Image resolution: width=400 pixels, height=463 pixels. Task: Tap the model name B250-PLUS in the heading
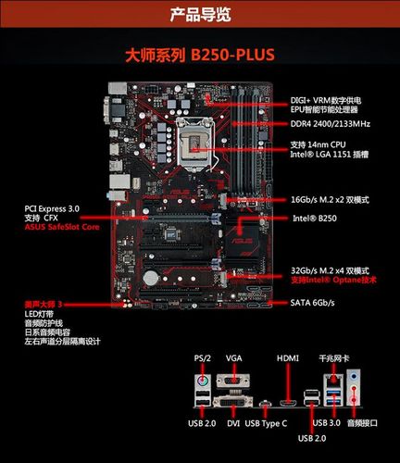point(232,56)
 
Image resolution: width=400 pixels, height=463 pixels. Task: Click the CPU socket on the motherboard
point(198,144)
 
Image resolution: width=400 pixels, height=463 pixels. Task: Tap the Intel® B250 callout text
point(316,219)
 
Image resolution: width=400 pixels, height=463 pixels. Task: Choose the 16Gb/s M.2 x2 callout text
point(335,198)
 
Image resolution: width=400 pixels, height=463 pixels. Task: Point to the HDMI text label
point(288,357)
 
